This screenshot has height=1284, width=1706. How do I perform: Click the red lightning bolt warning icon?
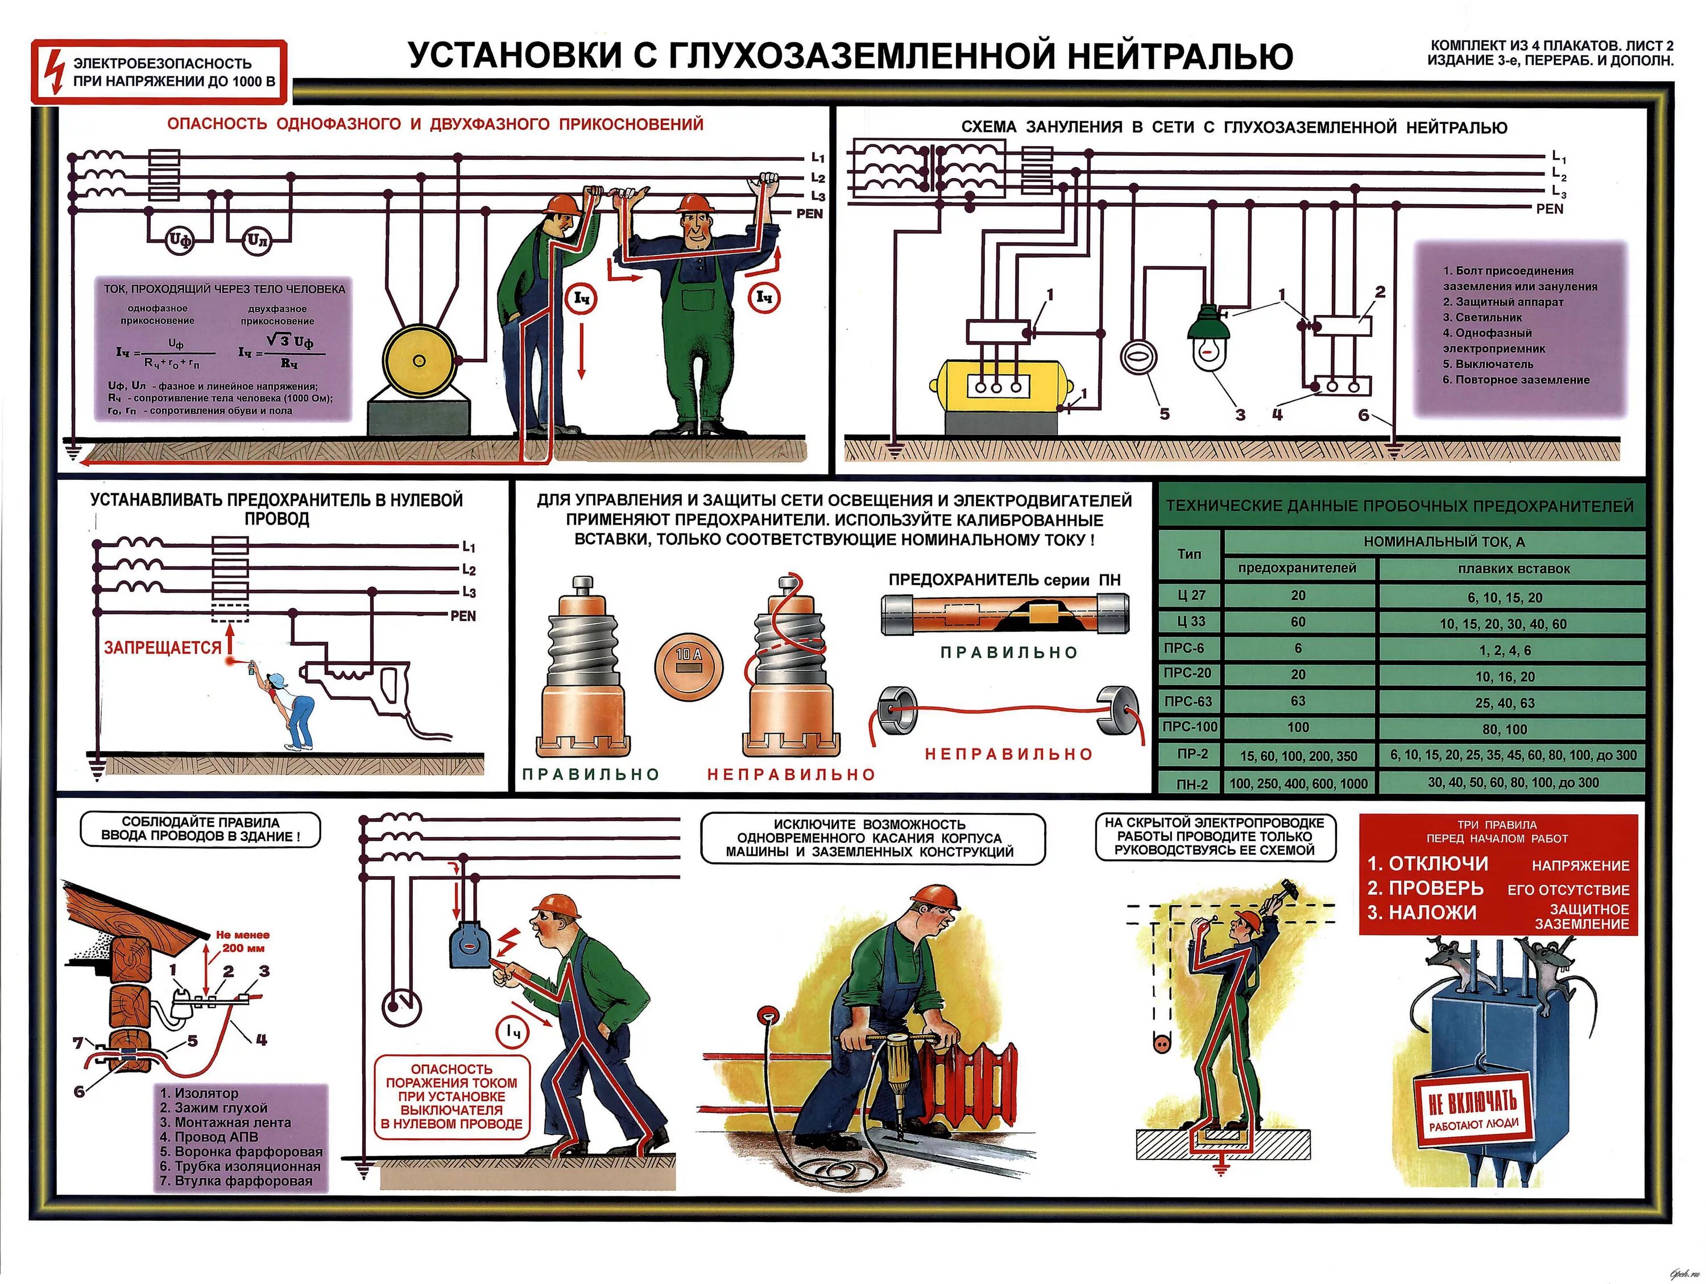tap(52, 72)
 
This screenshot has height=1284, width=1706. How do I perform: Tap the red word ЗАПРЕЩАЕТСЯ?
tap(163, 648)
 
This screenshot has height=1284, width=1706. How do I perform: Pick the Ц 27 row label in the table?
tap(1191, 595)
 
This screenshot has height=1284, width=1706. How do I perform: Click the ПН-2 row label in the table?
tap(1191, 784)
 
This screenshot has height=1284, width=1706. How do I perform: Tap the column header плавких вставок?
tap(1513, 569)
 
